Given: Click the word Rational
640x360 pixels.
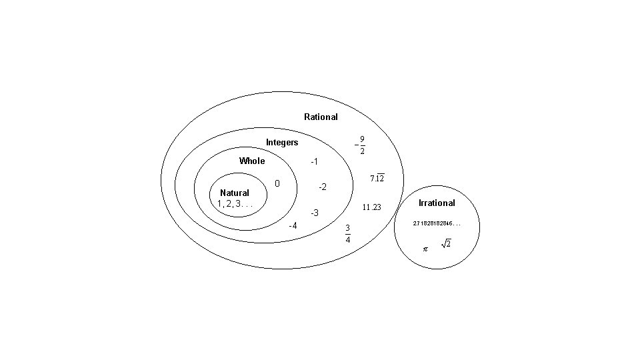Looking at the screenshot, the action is (321, 117).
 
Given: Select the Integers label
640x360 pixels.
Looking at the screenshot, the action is (282, 143).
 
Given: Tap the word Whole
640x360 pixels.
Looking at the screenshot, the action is (252, 161).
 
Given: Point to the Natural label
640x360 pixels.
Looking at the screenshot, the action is (235, 193).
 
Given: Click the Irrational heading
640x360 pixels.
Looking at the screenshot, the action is (437, 203).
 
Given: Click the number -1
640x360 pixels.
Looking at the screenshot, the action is (315, 162).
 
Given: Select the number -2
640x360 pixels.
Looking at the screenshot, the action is (321, 187).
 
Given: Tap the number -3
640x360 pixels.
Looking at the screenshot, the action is (315, 213).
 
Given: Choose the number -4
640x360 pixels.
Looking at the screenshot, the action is (292, 225).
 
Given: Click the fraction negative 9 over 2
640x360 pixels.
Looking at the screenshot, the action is (360, 145).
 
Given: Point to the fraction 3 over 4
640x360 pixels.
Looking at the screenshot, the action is (347, 233).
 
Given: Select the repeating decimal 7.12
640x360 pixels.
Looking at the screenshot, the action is (377, 179).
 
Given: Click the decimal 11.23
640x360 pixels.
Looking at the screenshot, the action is (371, 207).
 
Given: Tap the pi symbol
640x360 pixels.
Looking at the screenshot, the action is (425, 249).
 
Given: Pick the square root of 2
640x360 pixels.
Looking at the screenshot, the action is (446, 245).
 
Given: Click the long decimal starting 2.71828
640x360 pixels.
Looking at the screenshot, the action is (437, 223).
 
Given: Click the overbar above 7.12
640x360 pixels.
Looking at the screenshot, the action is (379, 175).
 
